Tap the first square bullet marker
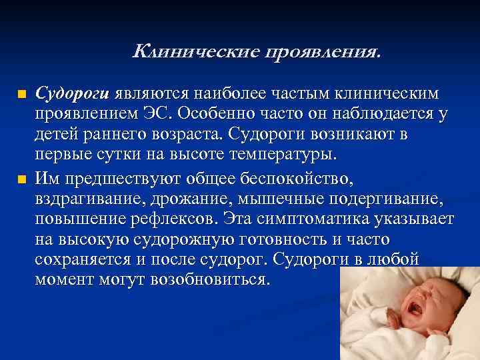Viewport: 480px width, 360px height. click(x=22, y=93)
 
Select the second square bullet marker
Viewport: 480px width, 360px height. click(x=22, y=179)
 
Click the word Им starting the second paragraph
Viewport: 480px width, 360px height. click(x=46, y=179)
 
